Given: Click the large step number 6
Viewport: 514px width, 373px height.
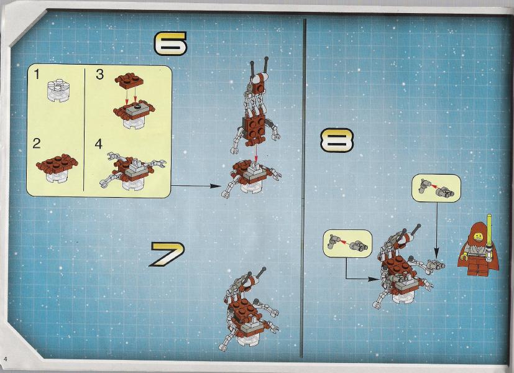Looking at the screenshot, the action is pos(170,44).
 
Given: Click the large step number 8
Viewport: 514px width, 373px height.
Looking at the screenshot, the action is pos(337,140).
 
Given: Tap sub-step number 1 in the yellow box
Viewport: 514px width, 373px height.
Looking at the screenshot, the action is pos(37,74).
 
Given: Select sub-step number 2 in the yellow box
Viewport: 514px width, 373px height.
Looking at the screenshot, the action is pos(37,143).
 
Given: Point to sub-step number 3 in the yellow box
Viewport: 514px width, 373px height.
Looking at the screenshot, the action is pos(99,75).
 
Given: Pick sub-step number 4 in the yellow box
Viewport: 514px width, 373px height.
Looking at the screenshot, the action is pos(98,144).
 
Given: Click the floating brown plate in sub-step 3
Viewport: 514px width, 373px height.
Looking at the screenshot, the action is pos(129,80).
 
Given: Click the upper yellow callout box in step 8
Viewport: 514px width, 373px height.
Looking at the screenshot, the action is pos(436,188).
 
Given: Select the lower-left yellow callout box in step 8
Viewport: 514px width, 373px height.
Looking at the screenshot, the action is pos(348,243).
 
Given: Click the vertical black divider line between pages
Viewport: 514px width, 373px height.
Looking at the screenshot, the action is pos(303,188).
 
